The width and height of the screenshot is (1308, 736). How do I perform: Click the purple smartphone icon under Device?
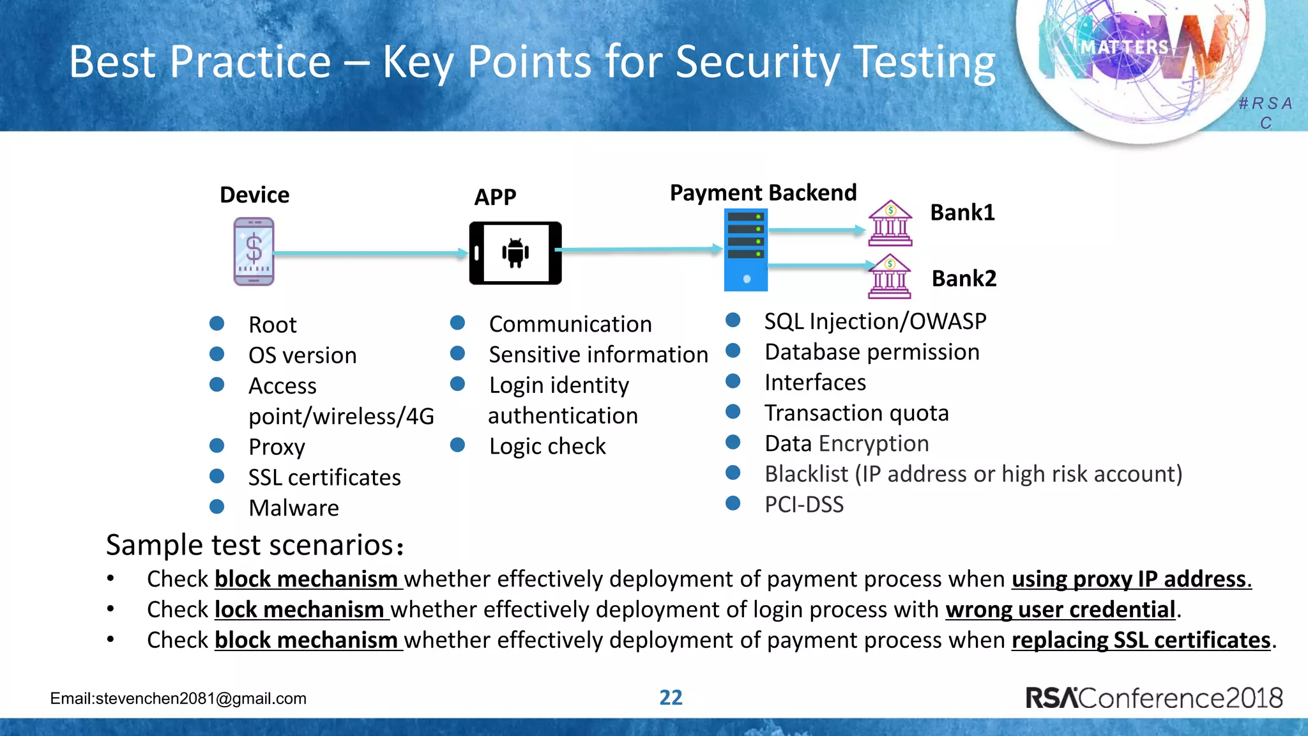[254, 251]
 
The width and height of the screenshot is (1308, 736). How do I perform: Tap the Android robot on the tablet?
[515, 252]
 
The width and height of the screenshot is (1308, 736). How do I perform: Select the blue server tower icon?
[746, 250]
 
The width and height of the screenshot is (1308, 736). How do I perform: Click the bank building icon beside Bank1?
[890, 224]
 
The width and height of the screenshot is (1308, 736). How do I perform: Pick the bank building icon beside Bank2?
[890, 277]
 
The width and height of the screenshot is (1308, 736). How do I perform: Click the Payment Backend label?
[763, 193]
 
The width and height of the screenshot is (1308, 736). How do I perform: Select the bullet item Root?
[273, 325]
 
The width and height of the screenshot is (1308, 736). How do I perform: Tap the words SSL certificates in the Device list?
[324, 478]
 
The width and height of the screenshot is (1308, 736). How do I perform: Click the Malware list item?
[294, 509]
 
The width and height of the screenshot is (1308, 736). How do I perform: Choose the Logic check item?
[547, 447]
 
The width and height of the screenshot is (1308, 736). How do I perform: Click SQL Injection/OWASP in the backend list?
[875, 321]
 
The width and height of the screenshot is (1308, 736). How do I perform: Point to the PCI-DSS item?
[804, 505]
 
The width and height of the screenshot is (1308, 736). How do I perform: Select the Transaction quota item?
[856, 413]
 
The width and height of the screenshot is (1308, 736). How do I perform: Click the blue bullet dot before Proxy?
[217, 445]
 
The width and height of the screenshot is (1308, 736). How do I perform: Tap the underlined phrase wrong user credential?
[1060, 609]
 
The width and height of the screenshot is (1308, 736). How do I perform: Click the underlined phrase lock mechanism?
[300, 609]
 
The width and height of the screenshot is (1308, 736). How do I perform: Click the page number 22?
[671, 697]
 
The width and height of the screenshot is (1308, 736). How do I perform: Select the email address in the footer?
[178, 698]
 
